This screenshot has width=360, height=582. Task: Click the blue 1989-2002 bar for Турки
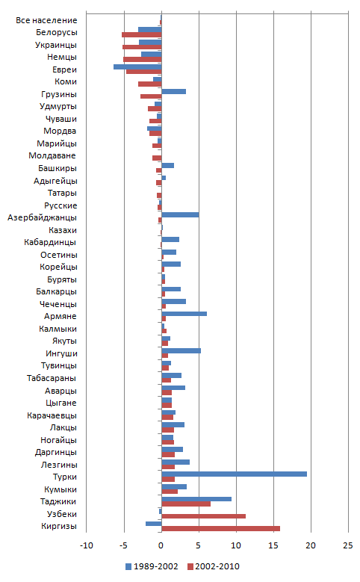tap(235, 474)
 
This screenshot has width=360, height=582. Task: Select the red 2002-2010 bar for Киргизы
tap(221, 528)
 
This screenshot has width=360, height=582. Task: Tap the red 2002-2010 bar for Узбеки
tap(203, 516)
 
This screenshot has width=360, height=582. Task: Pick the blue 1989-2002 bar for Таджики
tap(196, 499)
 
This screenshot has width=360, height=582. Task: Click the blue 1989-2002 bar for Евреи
tap(137, 66)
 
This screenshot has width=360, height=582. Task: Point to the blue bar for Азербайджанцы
tap(180, 215)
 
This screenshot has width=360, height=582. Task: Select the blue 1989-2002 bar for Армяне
tap(184, 314)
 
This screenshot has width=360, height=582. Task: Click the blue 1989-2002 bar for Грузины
tap(174, 92)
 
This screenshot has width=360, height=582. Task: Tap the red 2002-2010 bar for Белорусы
tap(141, 35)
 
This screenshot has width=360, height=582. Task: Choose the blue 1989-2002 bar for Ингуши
tap(181, 350)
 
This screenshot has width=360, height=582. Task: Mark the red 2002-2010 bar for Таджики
tap(186, 504)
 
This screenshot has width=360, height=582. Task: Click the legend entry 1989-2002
tap(152, 567)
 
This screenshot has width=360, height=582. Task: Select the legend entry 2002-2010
tap(214, 567)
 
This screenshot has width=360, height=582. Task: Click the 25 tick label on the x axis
tap(348, 545)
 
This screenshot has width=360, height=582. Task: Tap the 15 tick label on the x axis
tap(273, 545)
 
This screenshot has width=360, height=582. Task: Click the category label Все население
tap(46, 20)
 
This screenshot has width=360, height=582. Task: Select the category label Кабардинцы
tap(50, 242)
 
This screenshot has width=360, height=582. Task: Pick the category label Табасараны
tap(52, 378)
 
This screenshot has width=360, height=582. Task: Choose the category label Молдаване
tap(52, 156)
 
